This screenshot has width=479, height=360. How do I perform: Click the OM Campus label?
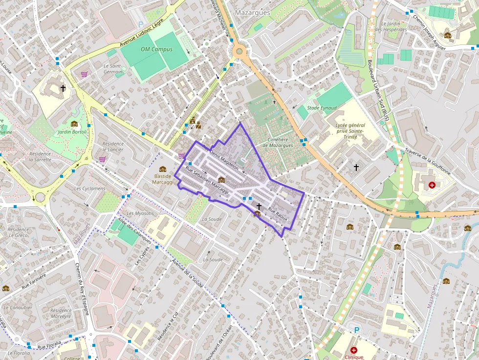[x=156, y=49]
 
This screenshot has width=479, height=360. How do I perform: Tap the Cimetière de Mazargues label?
[x=278, y=142]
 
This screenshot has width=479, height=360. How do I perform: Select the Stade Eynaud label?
[x=322, y=107]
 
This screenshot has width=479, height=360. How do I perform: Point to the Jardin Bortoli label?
[x=72, y=132]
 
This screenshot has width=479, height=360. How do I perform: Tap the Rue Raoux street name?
[x=278, y=212]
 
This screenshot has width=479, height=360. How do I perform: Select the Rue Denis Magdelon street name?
[x=220, y=157]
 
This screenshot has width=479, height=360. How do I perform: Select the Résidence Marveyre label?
[x=61, y=313]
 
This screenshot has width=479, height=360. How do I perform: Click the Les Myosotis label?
[x=140, y=213]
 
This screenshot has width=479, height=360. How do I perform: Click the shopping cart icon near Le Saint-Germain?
[x=85, y=75]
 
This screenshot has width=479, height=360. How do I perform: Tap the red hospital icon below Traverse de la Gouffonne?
[x=432, y=185]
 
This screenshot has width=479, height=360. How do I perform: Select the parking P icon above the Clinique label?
[x=356, y=331]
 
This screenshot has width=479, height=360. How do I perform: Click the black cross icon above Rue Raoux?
[x=259, y=207]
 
